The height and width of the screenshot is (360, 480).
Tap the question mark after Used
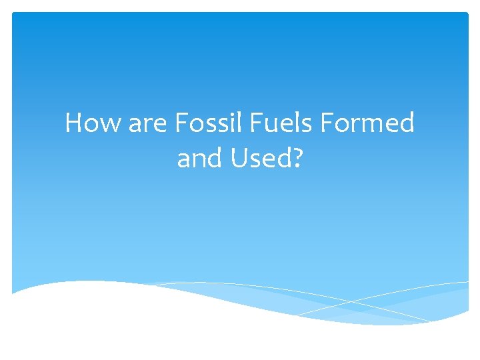(x=297, y=158)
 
